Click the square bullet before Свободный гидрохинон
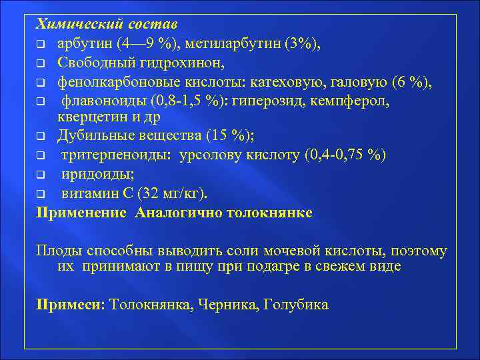41,64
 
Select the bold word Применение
81,213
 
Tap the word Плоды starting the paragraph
59,251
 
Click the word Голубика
296,304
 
